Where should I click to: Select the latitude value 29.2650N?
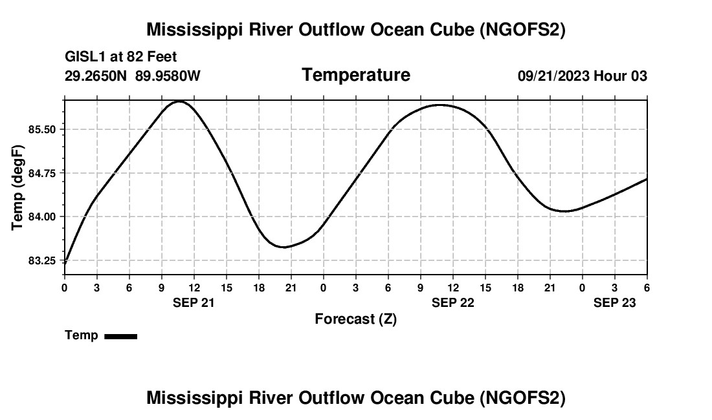coord(96,76)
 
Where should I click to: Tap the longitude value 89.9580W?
coord(168,76)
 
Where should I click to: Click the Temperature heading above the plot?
coord(356,75)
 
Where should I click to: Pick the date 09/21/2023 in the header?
coord(553,76)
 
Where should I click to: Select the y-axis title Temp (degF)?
coord(18,187)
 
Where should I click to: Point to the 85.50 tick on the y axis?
coord(42,130)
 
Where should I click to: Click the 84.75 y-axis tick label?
coord(42,173)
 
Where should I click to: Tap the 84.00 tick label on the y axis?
coord(42,216)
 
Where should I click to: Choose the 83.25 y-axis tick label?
coord(42,260)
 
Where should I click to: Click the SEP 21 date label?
coord(194,302)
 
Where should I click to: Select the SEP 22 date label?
coord(452,302)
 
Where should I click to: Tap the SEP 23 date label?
coord(614,302)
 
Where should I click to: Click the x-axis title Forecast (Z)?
coord(355,319)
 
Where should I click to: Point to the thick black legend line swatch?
coord(120,336)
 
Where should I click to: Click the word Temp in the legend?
coord(82,335)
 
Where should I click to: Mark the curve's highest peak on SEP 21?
coord(179,101)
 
